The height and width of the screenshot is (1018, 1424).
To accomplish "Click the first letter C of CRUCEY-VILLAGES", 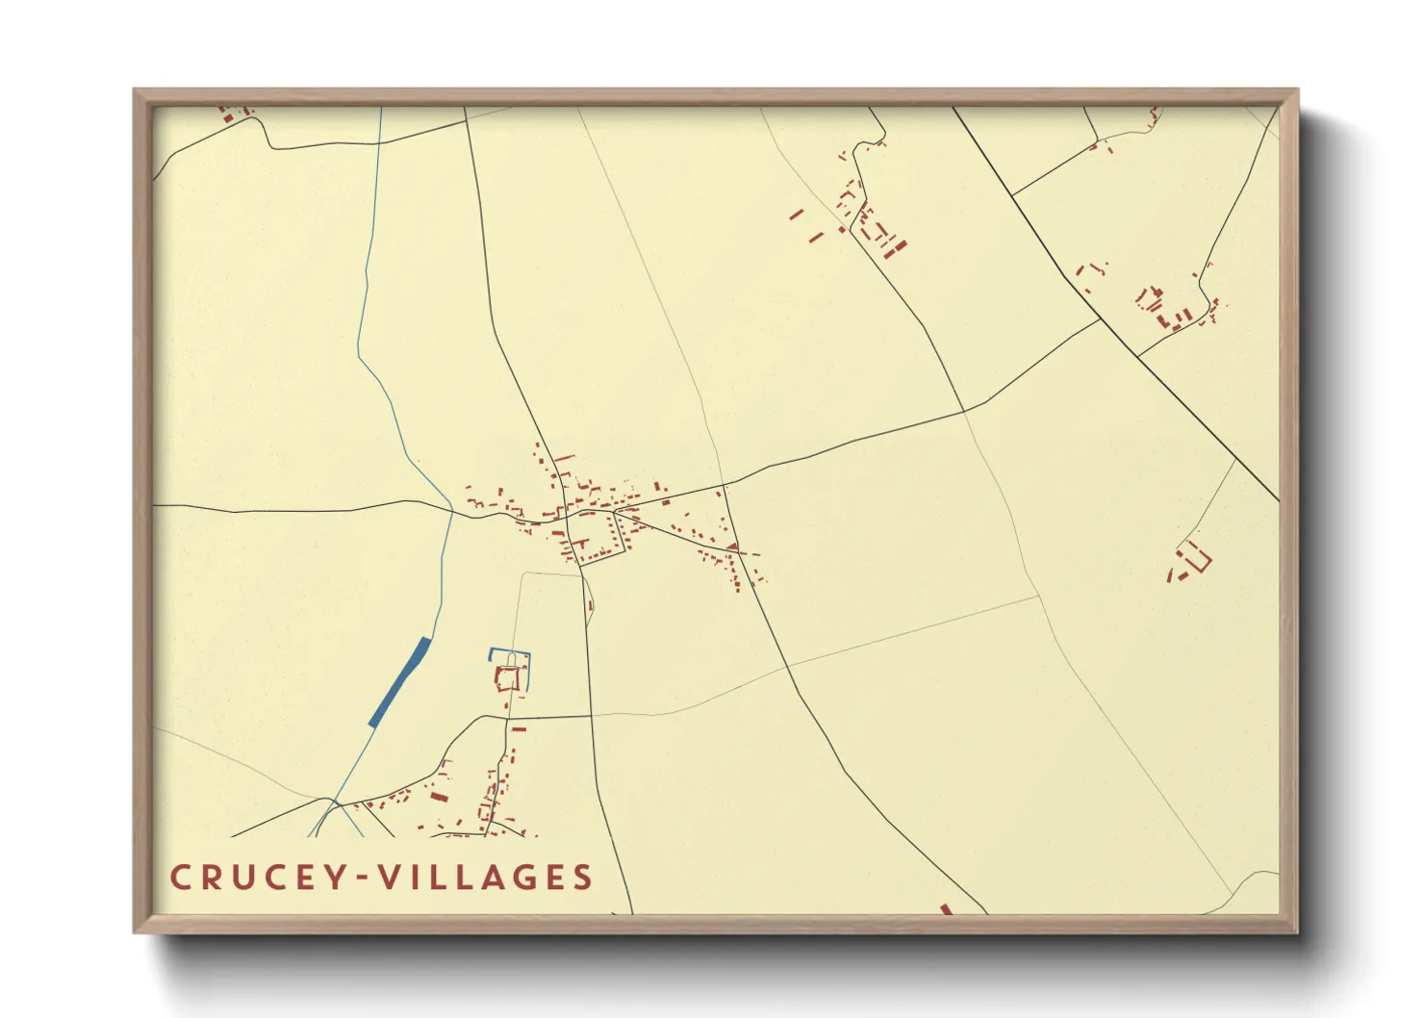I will click(179, 878).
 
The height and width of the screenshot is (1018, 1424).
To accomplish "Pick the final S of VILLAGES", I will click(581, 878).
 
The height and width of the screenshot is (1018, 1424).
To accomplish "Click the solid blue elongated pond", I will click(399, 681).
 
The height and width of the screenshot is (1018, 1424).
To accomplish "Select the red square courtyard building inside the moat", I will click(508, 679).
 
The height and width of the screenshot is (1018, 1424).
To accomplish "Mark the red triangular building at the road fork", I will click(732, 547).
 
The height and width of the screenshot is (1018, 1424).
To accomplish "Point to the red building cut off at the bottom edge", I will click(945, 909).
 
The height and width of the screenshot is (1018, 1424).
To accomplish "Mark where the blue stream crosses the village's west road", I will click(452, 510).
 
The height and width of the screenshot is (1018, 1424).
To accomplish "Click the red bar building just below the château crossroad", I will click(519, 728).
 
